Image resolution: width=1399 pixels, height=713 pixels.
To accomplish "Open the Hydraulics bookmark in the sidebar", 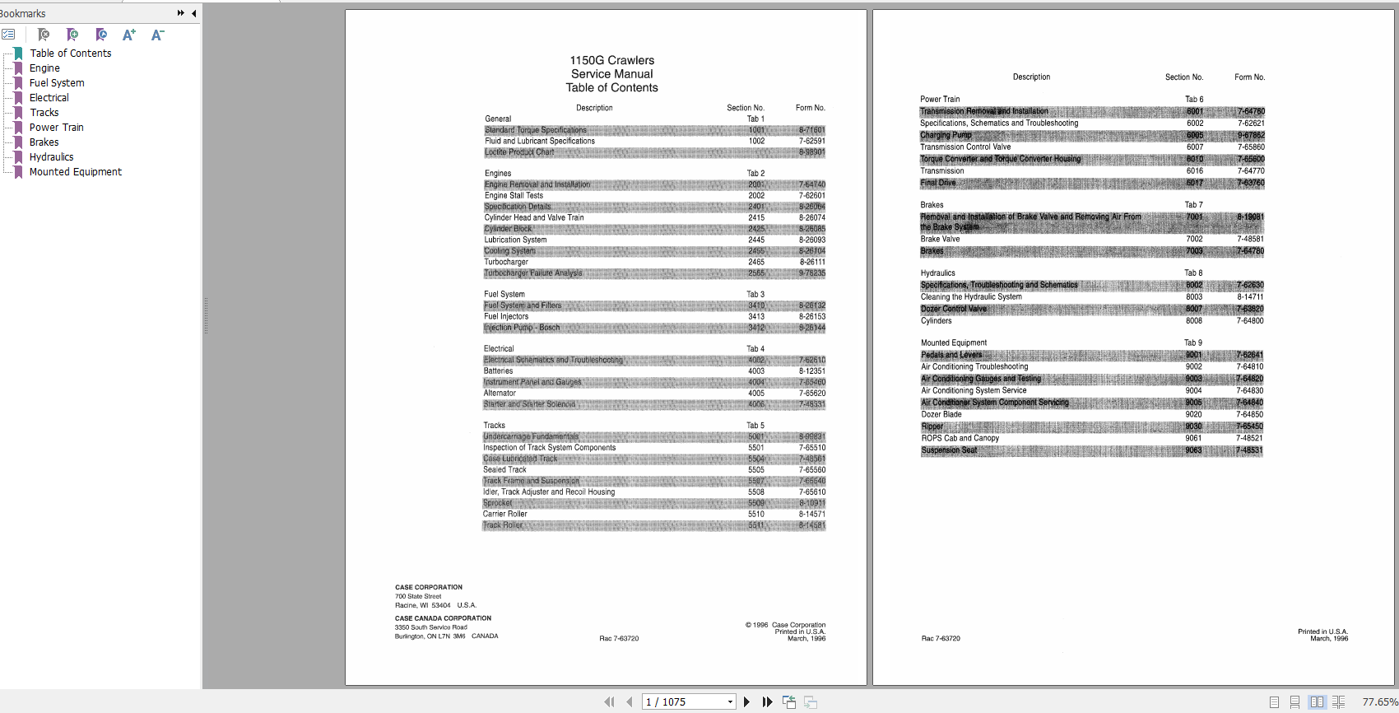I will tap(51, 157).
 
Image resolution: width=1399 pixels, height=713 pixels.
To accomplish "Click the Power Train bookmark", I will tap(56, 128).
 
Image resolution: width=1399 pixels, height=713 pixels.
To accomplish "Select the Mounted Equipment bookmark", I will tap(75, 172).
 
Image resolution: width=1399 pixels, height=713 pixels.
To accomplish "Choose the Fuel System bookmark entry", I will tap(57, 83).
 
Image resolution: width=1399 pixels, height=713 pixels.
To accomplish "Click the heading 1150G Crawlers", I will tap(611, 60).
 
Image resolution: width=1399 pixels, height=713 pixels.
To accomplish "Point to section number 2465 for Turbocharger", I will tap(755, 262).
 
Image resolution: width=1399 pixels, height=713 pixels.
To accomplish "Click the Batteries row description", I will tap(498, 371).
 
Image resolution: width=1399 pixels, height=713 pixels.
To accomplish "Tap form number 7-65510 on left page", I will tap(811, 448).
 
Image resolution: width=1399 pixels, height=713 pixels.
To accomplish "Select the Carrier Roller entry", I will tap(504, 514).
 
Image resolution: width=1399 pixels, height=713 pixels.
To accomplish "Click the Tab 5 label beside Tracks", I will tap(755, 426).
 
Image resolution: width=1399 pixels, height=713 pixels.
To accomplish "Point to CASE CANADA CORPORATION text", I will tap(443, 618).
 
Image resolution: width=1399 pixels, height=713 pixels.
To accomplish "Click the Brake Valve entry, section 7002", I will tap(940, 240).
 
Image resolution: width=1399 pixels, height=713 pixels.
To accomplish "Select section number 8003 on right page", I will tap(1193, 297).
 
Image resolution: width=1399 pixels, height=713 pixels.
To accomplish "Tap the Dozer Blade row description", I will tap(941, 415).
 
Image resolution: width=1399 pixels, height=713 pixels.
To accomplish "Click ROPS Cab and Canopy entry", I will tap(960, 439).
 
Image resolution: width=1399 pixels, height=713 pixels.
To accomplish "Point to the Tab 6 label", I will tap(1193, 100).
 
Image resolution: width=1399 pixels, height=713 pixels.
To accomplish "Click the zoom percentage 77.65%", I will tap(1378, 702).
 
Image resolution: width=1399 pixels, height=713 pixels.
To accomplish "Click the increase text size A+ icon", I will tap(128, 35).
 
